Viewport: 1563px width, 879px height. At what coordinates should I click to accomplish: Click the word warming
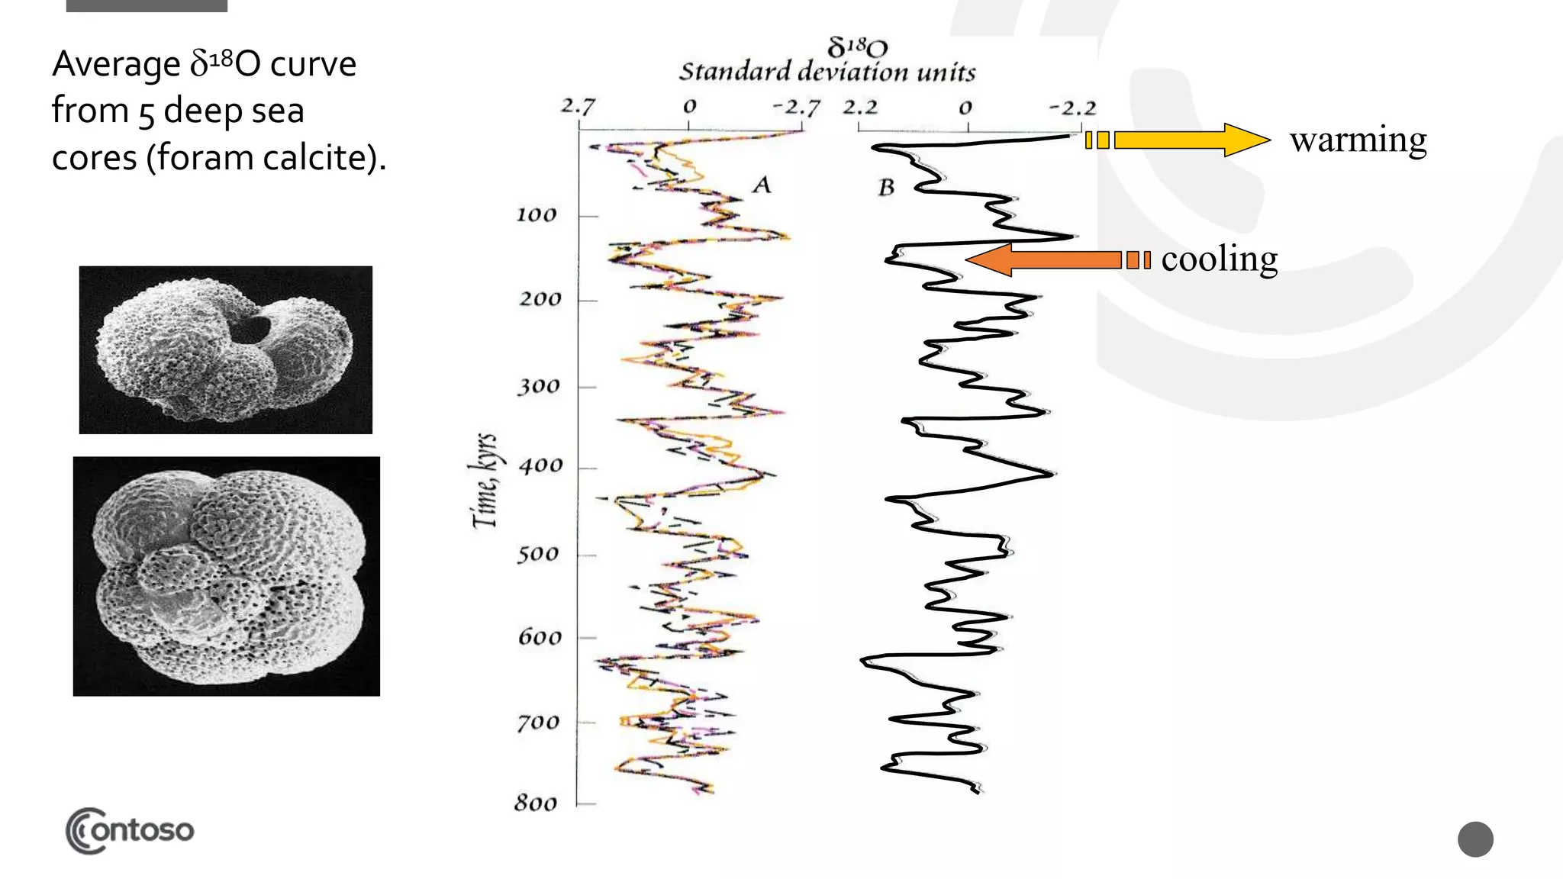[x=1358, y=140]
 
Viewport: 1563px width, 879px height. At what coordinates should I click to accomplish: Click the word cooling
[x=1219, y=259]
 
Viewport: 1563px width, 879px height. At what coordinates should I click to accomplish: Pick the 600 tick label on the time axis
[x=540, y=637]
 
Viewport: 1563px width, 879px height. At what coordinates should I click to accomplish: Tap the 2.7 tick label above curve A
[x=577, y=106]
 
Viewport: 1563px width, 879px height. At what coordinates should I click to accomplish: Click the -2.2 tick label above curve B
[x=1072, y=108]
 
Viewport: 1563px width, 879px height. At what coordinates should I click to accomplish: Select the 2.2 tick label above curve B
[x=860, y=107]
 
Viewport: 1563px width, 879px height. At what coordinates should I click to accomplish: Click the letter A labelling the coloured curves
[x=762, y=185]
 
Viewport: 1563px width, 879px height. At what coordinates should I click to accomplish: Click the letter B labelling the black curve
[x=886, y=187]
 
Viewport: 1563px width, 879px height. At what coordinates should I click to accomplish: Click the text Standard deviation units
[x=827, y=72]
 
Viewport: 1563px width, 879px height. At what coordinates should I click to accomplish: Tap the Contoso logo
[x=130, y=830]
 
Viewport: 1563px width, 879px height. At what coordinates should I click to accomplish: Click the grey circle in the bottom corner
[x=1474, y=839]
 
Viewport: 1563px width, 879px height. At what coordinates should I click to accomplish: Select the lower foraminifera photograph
[x=227, y=576]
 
